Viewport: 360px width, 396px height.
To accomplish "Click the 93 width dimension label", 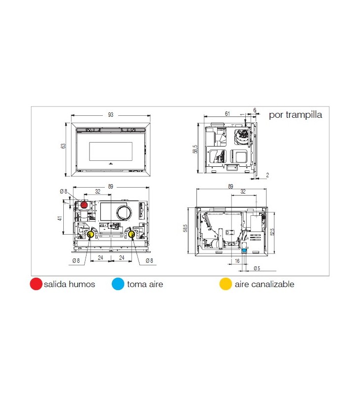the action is tap(110, 115).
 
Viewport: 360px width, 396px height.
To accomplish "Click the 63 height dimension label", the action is tap(63, 146).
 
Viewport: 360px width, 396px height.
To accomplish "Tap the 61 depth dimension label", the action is tap(227, 114).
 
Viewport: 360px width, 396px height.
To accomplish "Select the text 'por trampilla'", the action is tap(295, 115).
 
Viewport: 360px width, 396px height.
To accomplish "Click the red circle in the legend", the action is tap(36, 284).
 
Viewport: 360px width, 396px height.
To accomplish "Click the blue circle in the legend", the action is tap(118, 284).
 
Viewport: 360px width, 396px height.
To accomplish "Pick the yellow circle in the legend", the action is tap(225, 284).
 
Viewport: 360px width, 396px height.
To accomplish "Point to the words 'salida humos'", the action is tap(69, 284).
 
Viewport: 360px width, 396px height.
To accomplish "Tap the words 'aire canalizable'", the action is tap(265, 284).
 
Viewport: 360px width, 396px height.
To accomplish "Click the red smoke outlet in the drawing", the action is tap(84, 205).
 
